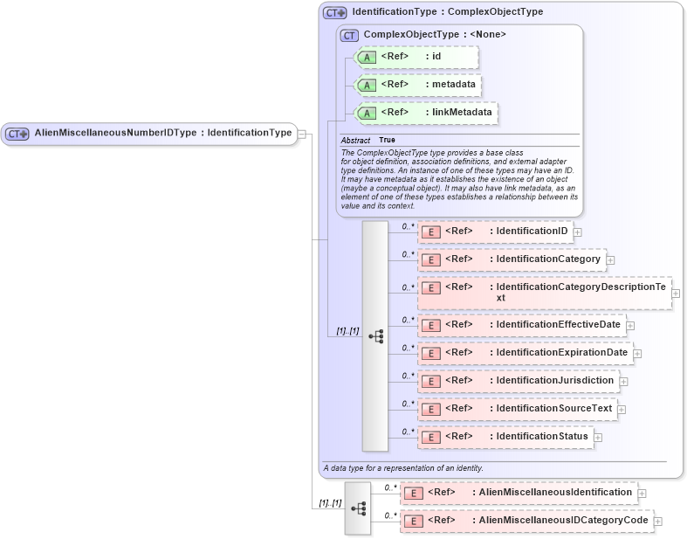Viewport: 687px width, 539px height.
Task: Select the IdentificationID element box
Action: point(494,231)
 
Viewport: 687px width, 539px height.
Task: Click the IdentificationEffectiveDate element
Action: point(521,325)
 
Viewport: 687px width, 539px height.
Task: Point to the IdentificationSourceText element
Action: point(518,408)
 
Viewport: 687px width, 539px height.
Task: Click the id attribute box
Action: point(416,58)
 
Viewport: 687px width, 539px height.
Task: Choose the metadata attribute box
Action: point(418,85)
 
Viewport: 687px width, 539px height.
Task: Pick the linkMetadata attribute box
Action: point(426,113)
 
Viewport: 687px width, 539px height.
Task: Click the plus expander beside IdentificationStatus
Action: point(598,436)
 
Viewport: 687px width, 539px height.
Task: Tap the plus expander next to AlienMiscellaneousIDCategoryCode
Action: point(657,522)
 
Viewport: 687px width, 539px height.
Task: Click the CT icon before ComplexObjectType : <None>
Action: point(349,35)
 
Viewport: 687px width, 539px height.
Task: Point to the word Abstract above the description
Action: point(355,141)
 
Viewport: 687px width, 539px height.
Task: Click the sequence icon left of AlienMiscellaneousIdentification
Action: point(357,508)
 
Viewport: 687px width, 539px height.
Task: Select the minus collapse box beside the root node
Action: point(301,134)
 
